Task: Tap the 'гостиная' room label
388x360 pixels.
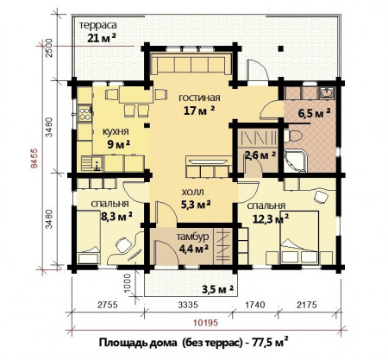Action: click(x=200, y=97)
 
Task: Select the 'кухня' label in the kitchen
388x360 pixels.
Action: click(x=116, y=131)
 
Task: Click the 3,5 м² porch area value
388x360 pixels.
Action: click(x=220, y=288)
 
